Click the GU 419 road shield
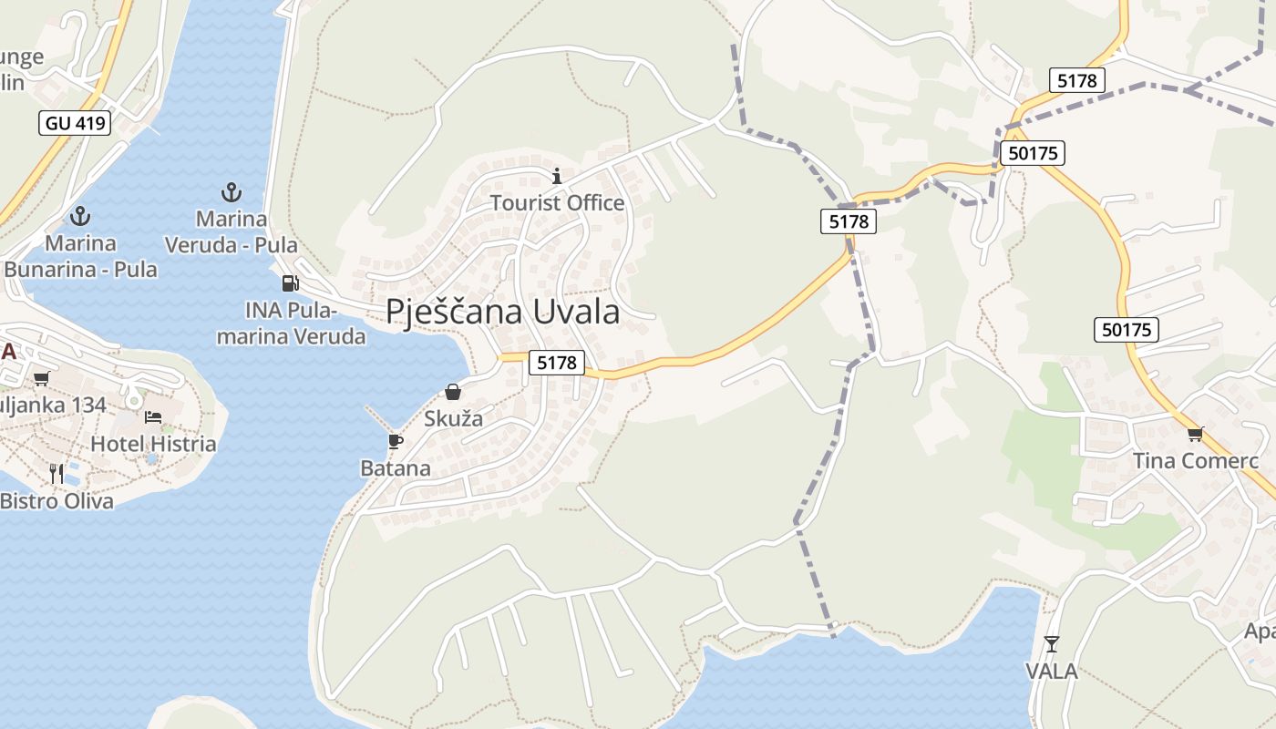pos(75,123)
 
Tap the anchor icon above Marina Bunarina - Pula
pos(81,216)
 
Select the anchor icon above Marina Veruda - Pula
pos(232,192)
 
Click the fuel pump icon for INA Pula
pos(290,283)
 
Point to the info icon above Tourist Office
pos(557,176)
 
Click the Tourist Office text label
pos(557,202)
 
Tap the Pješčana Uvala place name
pos(502,312)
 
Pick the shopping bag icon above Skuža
pos(453,392)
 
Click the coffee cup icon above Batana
pos(395,442)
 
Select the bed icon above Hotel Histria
pos(153,416)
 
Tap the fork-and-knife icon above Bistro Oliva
pos(57,473)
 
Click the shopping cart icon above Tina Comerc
pos(1195,434)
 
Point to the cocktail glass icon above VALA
pos(1052,644)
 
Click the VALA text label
pos(1052,672)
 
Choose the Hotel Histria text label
pos(153,444)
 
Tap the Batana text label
pos(396,468)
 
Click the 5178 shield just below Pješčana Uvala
pos(557,363)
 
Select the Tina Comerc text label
pos(1195,461)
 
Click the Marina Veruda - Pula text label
pos(232,232)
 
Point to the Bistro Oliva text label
pos(57,500)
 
